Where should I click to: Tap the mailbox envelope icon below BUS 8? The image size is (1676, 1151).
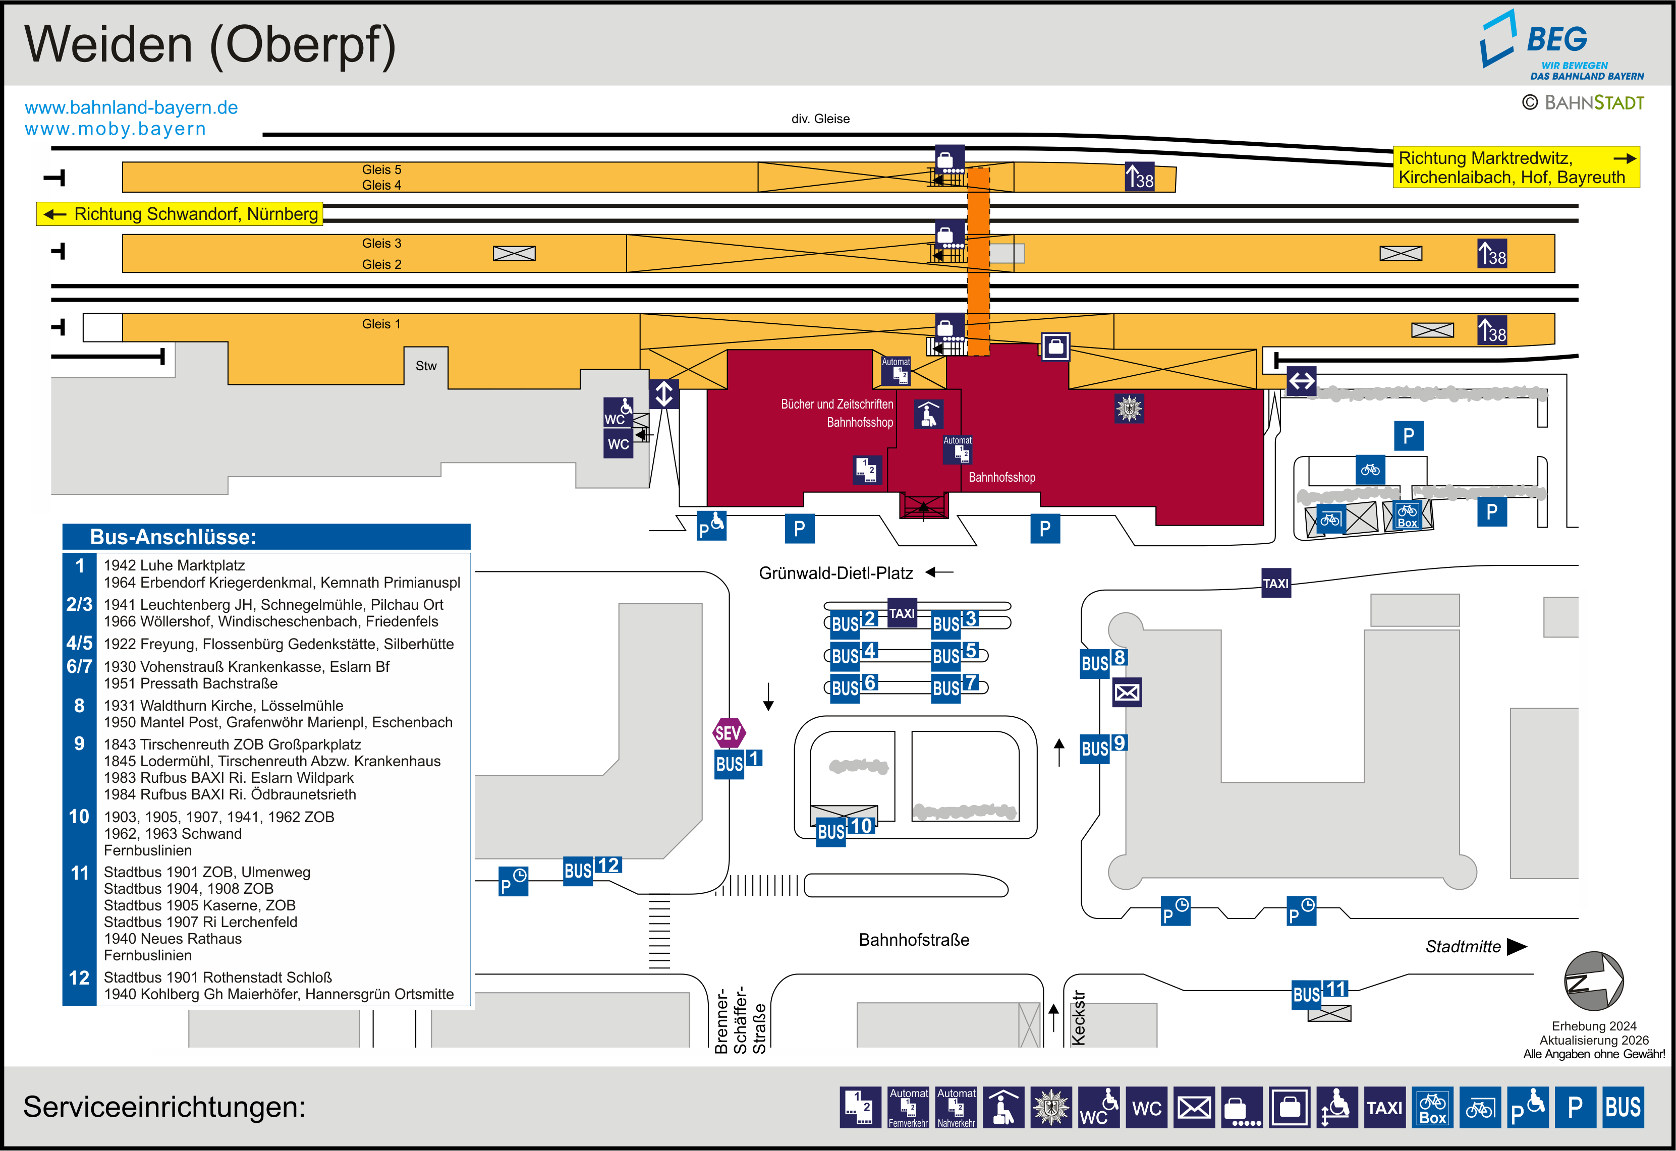(1127, 693)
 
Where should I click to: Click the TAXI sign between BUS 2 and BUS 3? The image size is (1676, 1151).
(902, 613)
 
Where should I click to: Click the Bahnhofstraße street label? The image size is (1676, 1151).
(913, 940)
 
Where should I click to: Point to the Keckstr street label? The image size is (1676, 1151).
(1078, 1017)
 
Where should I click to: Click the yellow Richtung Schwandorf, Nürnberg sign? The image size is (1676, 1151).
(180, 214)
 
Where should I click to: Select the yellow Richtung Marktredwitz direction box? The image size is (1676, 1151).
(1515, 167)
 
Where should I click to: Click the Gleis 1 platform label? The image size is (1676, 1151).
(381, 324)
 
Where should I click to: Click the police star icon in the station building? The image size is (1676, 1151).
(1129, 408)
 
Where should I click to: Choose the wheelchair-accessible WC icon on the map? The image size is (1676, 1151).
(618, 413)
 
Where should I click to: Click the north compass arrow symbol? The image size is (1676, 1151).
(1593, 981)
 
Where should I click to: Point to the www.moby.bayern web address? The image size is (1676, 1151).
(116, 129)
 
